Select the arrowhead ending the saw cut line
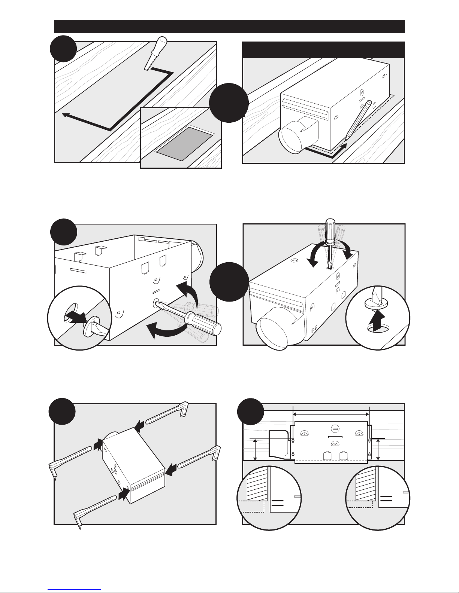pyautogui.click(x=65, y=115)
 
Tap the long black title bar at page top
pyautogui.click(x=229, y=27)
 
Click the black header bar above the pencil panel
pyautogui.click(x=324, y=49)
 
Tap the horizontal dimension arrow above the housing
pyautogui.click(x=331, y=414)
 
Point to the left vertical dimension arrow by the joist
pyautogui.click(x=256, y=450)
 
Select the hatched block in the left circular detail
pyautogui.click(x=256, y=483)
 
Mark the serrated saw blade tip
pyautogui.click(x=149, y=63)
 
